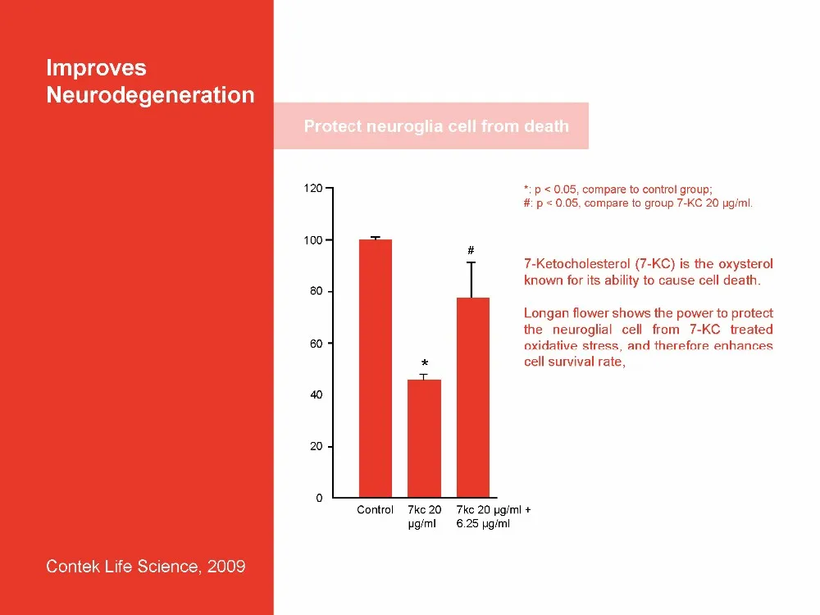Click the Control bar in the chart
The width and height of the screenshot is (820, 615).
(376, 369)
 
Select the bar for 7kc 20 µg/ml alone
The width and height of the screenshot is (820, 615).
(424, 439)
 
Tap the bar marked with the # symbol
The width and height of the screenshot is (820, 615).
(472, 398)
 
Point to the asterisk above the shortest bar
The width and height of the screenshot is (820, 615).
(425, 363)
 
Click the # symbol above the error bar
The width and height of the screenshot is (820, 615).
(471, 249)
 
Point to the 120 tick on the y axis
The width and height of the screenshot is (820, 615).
(312, 189)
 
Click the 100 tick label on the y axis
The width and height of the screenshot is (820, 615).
(312, 240)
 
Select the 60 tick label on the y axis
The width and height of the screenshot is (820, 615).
(315, 344)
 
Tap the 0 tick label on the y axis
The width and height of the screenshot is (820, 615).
(319, 499)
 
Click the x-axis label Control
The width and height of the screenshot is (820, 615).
(375, 510)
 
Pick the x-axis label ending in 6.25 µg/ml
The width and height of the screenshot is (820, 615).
(484, 524)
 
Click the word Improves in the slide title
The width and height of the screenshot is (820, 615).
(96, 67)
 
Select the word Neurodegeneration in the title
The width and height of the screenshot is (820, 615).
(150, 95)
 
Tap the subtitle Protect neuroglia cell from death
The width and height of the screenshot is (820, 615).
(436, 126)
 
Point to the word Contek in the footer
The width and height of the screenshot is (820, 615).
(73, 567)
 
